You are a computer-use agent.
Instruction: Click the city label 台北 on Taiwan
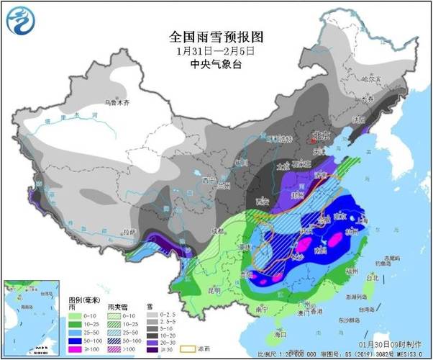click(372, 276)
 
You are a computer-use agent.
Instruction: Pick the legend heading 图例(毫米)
click(84, 298)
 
